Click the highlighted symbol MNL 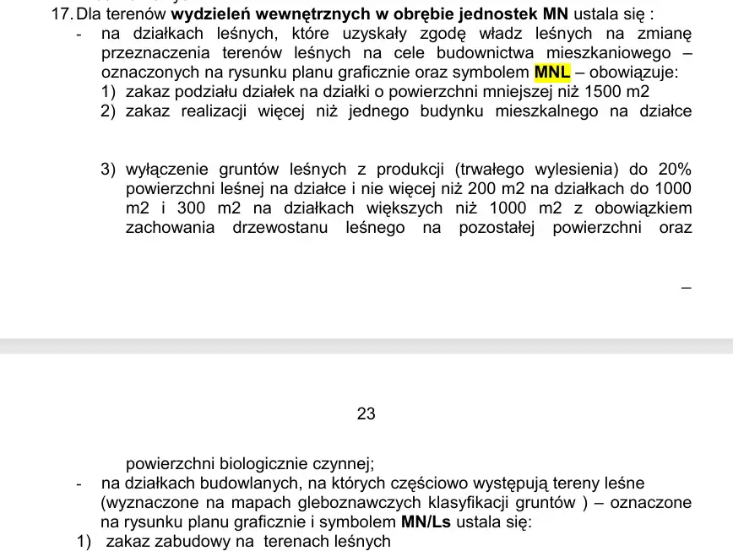click(x=551, y=72)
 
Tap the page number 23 click(x=366, y=413)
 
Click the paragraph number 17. click(x=62, y=14)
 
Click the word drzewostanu click(x=280, y=228)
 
